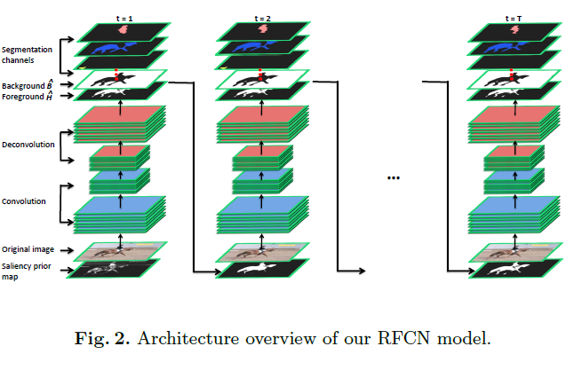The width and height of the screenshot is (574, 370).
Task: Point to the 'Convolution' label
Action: coord(24,201)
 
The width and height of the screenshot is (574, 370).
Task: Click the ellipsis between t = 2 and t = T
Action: coord(394,177)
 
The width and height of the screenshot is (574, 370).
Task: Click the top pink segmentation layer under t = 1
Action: coord(122,29)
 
